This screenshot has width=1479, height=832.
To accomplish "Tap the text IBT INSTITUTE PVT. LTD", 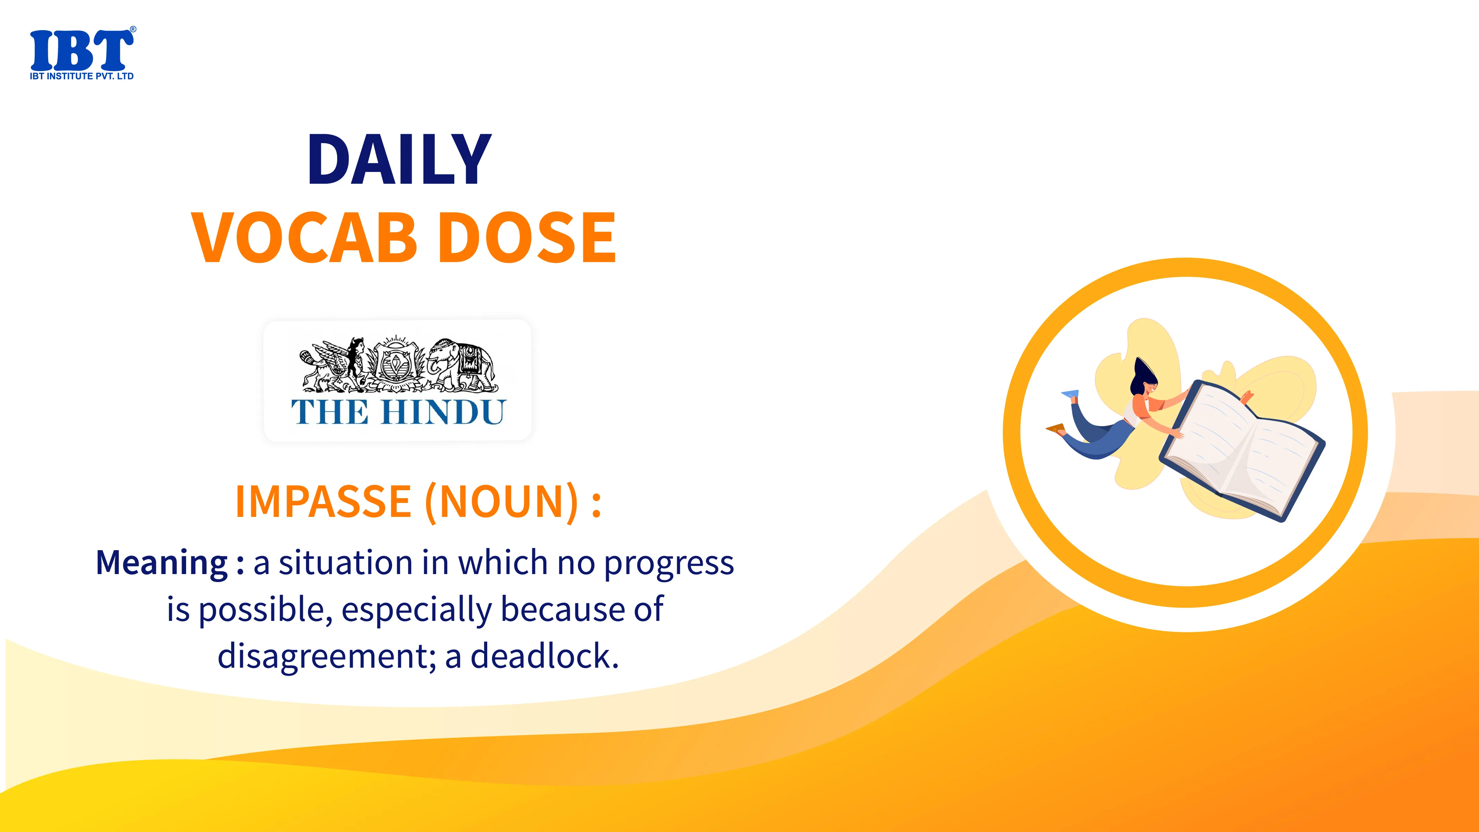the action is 81,76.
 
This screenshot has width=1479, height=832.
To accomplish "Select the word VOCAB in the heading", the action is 304,237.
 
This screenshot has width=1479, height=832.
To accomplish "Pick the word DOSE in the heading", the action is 530,237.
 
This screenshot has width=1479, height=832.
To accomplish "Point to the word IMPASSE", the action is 323,501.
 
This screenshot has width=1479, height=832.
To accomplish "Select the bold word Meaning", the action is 162,563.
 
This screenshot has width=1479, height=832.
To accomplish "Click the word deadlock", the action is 544,656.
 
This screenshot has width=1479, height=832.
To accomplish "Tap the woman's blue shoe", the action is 1070,394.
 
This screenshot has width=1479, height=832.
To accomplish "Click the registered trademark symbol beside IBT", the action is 133,29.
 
